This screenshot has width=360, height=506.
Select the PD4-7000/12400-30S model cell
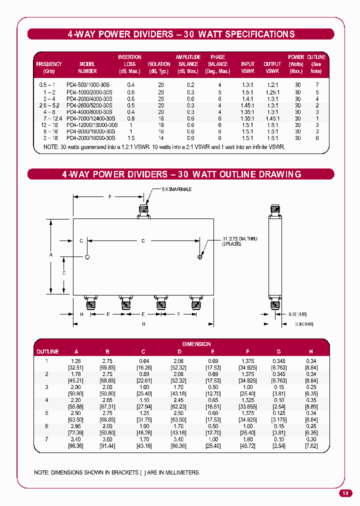tap(87, 118)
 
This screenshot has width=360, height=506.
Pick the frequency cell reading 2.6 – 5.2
tap(49, 105)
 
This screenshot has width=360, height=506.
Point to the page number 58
tap(345, 493)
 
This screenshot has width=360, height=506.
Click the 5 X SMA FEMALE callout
tap(176, 189)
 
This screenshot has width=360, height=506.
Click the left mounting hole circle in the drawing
tap(87, 257)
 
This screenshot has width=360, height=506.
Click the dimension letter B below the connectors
tap(143, 324)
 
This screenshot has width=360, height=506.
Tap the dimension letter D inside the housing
tap(143, 241)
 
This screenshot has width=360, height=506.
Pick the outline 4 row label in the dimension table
tap(47, 400)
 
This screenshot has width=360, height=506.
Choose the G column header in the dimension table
tap(278, 351)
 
